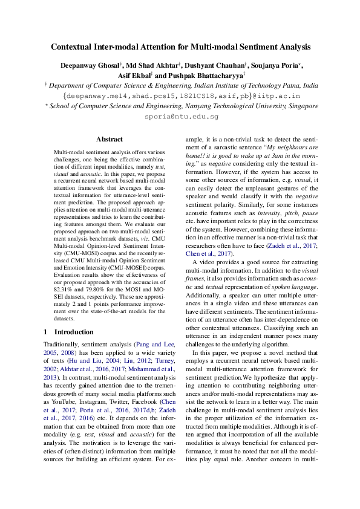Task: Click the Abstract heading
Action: coord(110,139)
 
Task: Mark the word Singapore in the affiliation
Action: coord(298,106)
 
